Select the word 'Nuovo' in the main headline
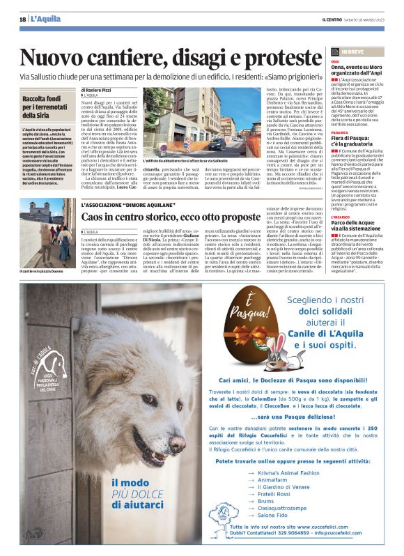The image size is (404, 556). click(55, 58)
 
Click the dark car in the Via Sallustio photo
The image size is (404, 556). click(217, 144)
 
